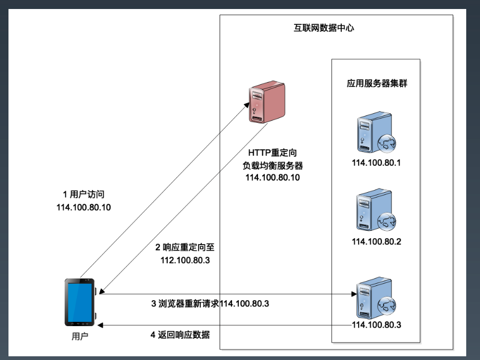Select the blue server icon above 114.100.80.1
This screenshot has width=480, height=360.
click(371, 132)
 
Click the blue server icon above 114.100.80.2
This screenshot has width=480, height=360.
click(371, 212)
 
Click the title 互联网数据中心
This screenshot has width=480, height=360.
click(324, 28)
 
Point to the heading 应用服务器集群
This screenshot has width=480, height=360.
click(377, 83)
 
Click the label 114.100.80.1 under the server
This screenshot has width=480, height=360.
click(376, 163)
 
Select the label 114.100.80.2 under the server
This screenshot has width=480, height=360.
click(376, 242)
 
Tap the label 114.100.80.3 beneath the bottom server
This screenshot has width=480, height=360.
click(376, 325)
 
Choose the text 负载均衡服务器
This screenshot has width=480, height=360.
click(272, 165)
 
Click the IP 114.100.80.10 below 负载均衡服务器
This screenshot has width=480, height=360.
click(272, 177)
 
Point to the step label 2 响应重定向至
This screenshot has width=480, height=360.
click(184, 247)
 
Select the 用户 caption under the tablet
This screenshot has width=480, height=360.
click(79, 336)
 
